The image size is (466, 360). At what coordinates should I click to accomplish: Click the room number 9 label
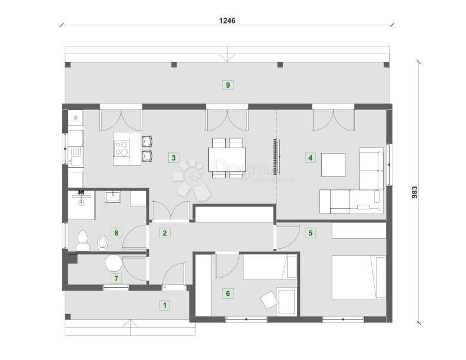[228, 85]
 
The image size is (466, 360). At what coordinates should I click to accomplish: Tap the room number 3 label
[173, 157]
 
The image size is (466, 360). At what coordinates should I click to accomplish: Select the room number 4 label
[310, 157]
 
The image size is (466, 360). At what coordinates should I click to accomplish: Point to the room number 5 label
[310, 233]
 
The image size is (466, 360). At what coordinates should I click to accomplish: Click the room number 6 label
[228, 292]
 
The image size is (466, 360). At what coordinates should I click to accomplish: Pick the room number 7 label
[116, 278]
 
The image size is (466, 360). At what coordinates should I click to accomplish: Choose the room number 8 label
[116, 233]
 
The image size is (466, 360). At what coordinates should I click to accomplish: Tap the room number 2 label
[165, 233]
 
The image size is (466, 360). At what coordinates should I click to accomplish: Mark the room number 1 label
[164, 305]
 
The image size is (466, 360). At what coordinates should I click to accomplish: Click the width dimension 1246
[227, 20]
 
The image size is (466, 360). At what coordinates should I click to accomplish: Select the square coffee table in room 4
[333, 165]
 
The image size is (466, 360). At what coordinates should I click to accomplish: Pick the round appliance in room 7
[113, 263]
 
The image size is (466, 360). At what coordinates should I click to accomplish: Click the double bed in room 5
[358, 277]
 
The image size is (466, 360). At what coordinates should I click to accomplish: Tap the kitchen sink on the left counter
[75, 157]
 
